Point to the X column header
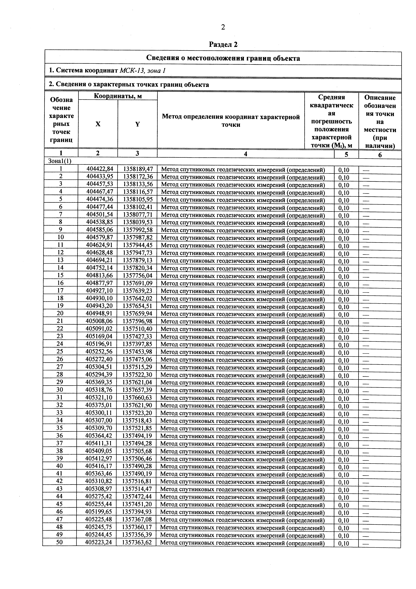98,124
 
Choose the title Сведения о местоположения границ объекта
223,58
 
